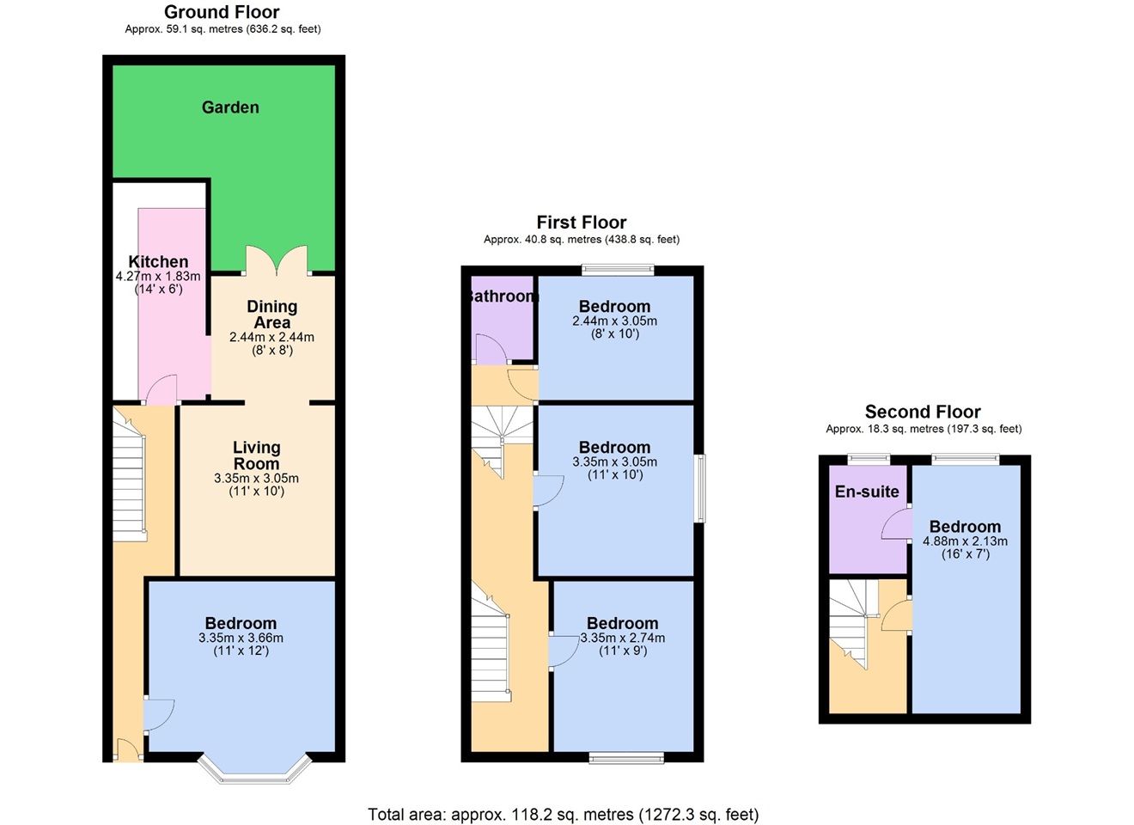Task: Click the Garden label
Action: click(230, 107)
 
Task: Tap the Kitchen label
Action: click(158, 262)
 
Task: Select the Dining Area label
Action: click(271, 315)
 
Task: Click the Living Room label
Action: click(256, 455)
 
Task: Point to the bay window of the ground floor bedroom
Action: click(254, 772)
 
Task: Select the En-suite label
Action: click(867, 492)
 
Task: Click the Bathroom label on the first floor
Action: click(503, 296)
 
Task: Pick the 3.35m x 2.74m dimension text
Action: click(623, 638)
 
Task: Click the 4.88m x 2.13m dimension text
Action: click(965, 541)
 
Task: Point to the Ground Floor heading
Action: click(222, 12)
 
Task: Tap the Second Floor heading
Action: click(923, 412)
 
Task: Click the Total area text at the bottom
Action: click(563, 814)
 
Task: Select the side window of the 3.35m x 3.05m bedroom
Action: click(700, 488)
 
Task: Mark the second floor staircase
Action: click(851, 623)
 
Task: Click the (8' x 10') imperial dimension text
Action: click(614, 333)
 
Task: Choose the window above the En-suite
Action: click(869, 459)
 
